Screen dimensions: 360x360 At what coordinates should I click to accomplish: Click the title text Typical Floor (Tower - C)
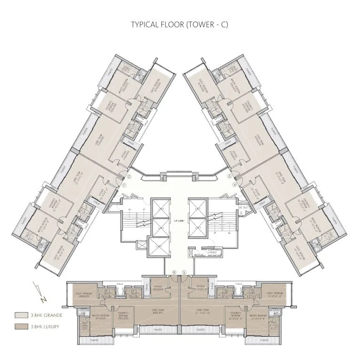(x=180, y=24)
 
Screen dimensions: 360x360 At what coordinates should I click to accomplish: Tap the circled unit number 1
(x=124, y=185)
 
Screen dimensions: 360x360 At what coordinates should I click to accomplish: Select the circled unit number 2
(x=129, y=177)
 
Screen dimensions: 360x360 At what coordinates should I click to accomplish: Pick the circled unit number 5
(x=185, y=272)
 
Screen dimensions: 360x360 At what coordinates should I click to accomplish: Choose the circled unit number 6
(x=174, y=272)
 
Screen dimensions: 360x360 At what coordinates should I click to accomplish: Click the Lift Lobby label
(x=179, y=220)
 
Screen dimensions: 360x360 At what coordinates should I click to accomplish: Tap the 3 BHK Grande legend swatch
(x=21, y=315)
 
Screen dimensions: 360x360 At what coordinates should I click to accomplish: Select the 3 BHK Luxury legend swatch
(x=21, y=326)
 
